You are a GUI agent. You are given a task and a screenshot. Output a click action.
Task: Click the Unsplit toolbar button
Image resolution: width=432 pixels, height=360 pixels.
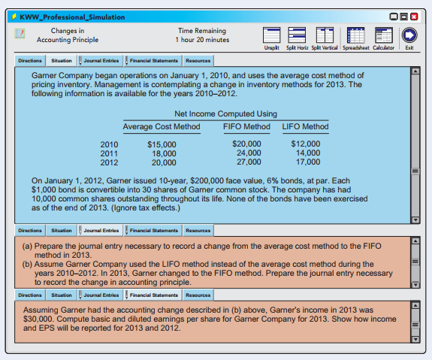272,35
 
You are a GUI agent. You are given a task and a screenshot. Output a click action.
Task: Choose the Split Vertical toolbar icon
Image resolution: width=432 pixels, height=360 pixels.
325,35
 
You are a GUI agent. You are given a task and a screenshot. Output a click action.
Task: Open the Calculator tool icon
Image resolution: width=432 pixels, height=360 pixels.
383,35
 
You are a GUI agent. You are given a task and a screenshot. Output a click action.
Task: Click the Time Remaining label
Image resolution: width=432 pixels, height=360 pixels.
202,29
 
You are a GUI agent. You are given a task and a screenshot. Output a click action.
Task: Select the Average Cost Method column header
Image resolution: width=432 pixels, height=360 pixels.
162,126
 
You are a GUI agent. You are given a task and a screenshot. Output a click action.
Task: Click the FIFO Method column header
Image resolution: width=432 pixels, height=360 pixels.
247,126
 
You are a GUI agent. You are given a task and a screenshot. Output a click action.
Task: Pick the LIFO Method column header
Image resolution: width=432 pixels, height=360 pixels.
305,126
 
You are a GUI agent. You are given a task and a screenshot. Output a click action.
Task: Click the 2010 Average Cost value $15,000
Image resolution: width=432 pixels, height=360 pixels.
162,144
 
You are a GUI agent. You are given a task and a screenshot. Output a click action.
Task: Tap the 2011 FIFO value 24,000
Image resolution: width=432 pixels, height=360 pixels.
249,153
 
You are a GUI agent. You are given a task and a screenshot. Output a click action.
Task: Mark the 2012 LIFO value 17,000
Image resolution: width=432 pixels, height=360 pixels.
307,162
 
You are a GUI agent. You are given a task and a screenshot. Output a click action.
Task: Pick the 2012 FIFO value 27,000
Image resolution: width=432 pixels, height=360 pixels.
249,162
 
